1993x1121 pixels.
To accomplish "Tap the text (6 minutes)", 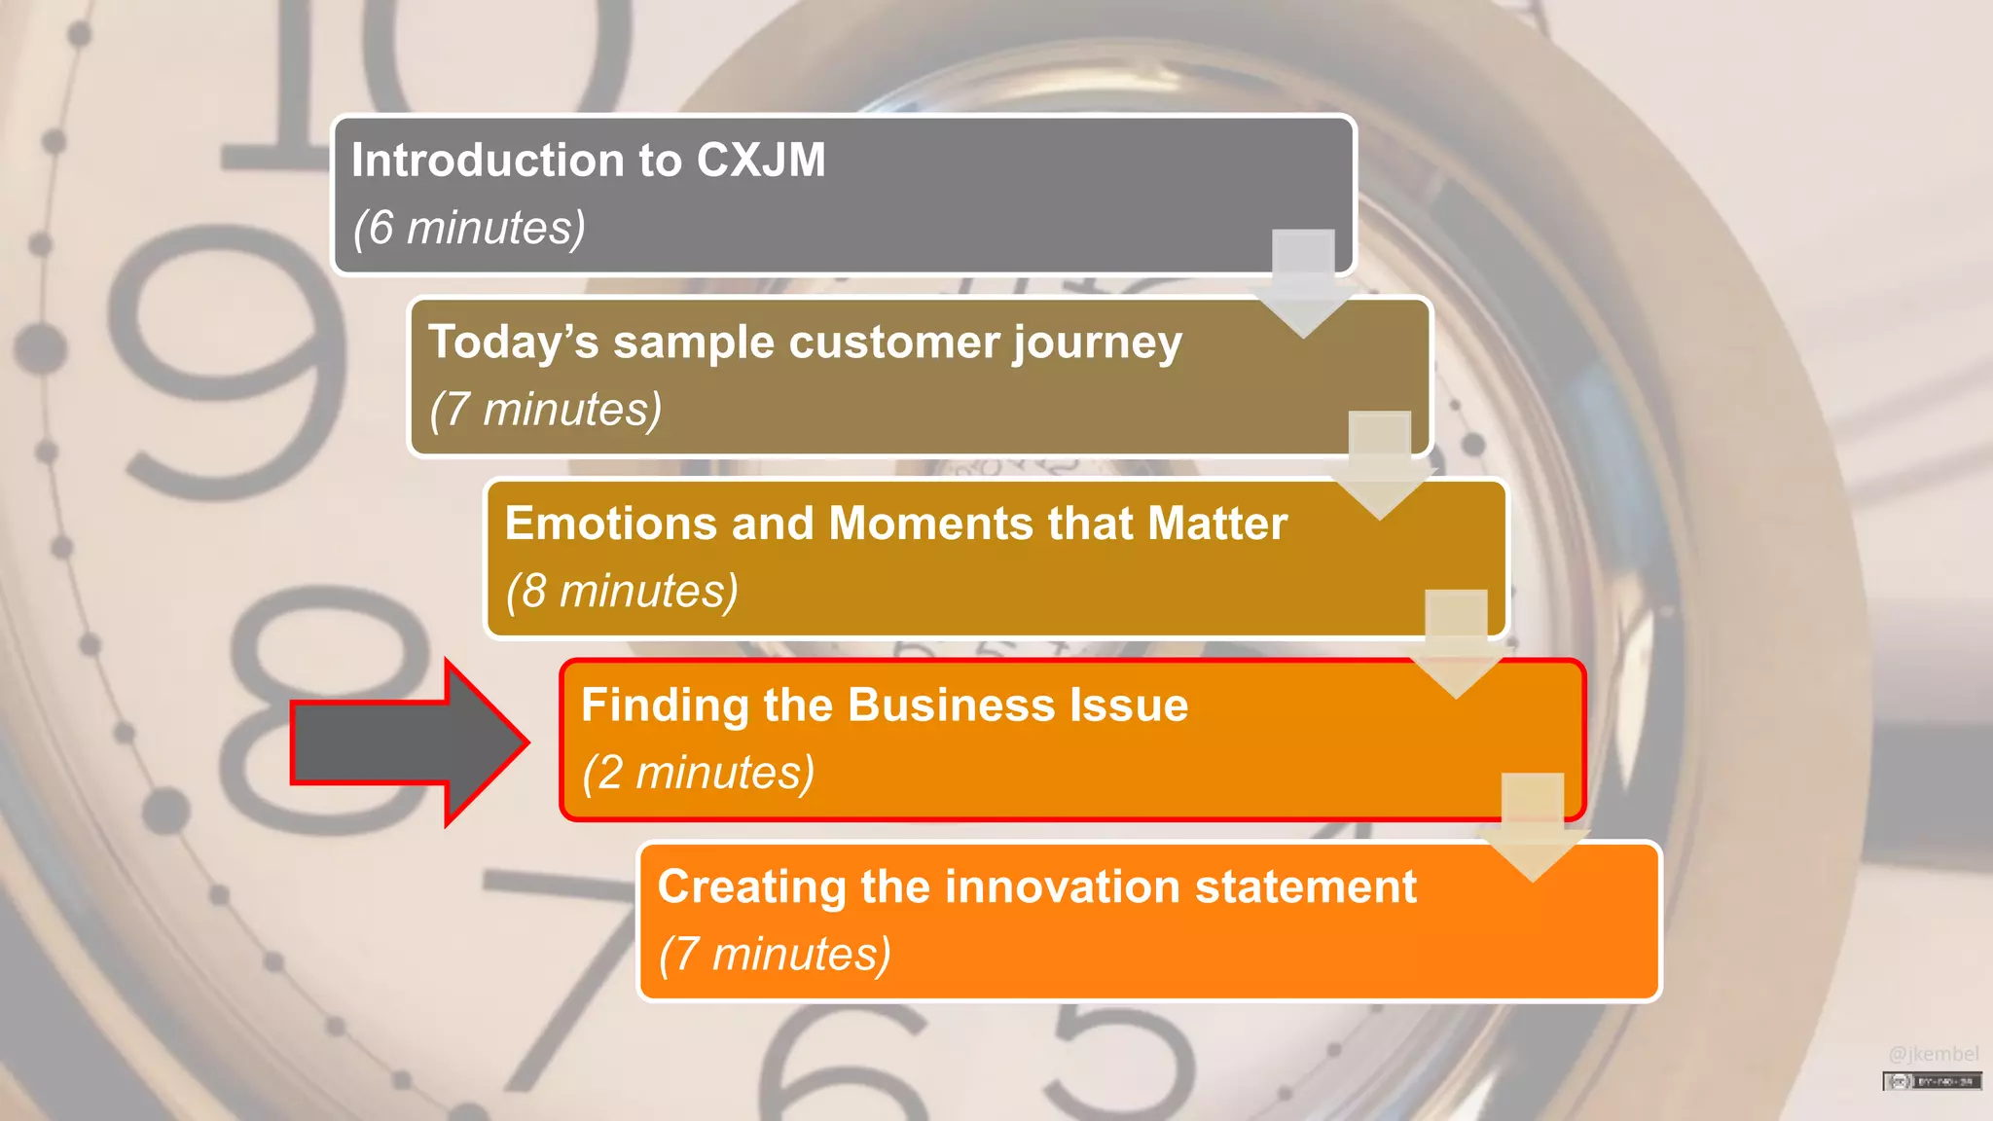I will coord(469,229).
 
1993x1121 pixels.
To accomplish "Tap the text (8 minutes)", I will coord(622,592).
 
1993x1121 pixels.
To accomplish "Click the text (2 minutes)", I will coord(698,774).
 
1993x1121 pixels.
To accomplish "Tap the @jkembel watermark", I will coord(1933,1054).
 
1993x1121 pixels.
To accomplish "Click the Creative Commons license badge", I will coord(1932,1081).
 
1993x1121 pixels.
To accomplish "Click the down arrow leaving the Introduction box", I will coord(1303,282).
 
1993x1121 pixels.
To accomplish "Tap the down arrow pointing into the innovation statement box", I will coord(1533,827).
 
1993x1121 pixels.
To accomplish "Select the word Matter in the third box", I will coord(1217,524).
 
